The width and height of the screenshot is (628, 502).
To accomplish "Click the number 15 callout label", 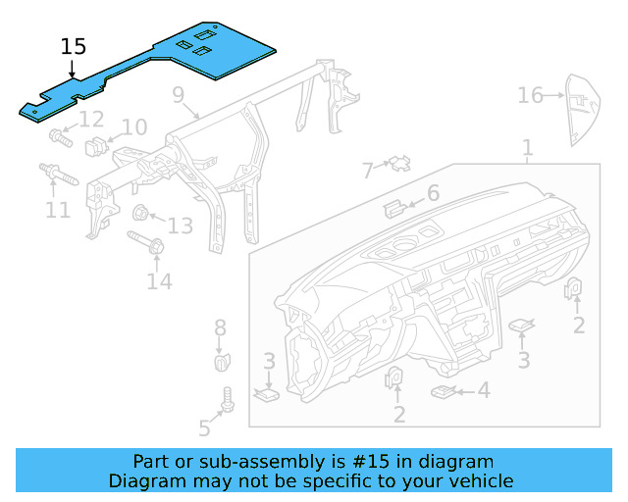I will pyautogui.click(x=74, y=47).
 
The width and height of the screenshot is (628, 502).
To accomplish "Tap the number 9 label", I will pyautogui.click(x=178, y=95).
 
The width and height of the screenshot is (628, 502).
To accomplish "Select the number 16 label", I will pyautogui.click(x=530, y=95).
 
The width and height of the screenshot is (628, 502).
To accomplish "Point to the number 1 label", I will pyautogui.click(x=527, y=149).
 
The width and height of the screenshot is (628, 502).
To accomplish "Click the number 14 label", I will pyautogui.click(x=159, y=281).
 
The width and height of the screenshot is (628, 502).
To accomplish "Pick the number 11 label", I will pyautogui.click(x=58, y=209).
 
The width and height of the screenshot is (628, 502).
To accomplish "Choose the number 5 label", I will pyautogui.click(x=204, y=427).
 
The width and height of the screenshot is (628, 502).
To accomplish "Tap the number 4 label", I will pyautogui.click(x=483, y=390).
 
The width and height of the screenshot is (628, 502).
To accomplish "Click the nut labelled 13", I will pyautogui.click(x=140, y=213).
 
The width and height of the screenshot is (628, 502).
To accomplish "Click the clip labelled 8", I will pyautogui.click(x=222, y=362).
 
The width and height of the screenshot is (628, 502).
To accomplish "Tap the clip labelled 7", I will pyautogui.click(x=398, y=163).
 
